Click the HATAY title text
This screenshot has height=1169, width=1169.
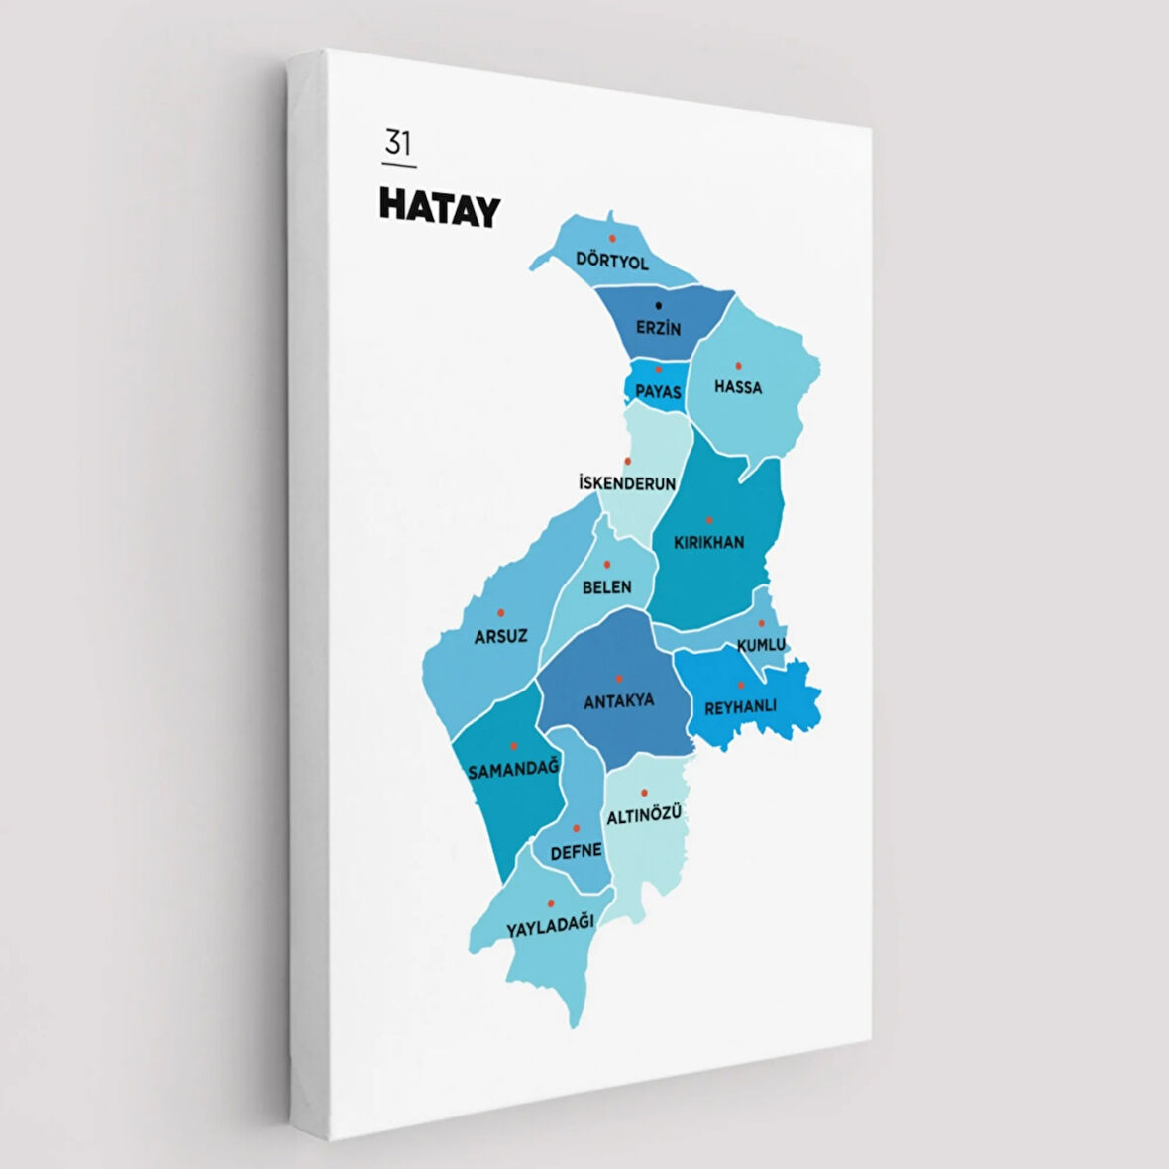(439, 209)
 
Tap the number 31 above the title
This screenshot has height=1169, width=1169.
(397, 144)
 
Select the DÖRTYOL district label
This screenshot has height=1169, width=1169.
(612, 263)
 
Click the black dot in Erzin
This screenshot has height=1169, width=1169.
(659, 305)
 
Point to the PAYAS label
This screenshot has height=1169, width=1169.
(658, 392)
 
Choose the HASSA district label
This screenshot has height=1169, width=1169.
(738, 387)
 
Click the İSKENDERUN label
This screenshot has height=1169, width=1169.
(627, 484)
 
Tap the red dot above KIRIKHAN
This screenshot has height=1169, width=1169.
(708, 519)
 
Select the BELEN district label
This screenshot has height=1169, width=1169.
(606, 587)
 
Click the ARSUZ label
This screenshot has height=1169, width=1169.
(500, 636)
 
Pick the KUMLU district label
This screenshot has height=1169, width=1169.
(761, 645)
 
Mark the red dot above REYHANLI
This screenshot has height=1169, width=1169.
(740, 685)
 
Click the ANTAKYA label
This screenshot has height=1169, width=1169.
(618, 701)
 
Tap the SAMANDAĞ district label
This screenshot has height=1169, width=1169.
(513, 769)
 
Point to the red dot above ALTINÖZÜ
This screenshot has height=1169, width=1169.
(644, 792)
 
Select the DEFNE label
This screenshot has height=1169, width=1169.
(576, 851)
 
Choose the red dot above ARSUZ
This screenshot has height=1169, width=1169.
(500, 613)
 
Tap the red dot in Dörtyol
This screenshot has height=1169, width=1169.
(612, 238)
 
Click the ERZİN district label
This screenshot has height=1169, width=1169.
(659, 328)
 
